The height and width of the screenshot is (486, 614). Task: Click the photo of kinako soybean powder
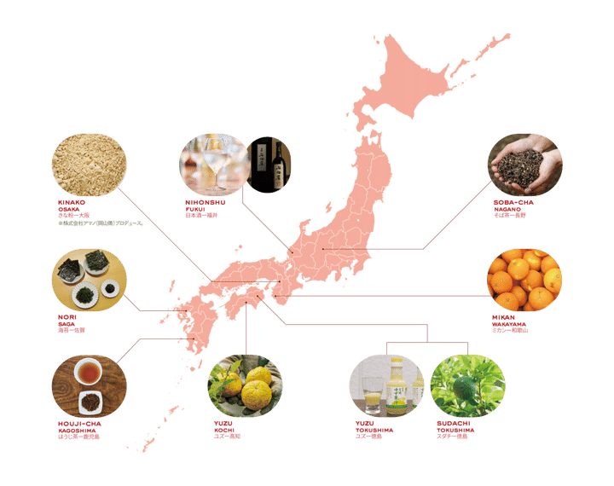point(89,165)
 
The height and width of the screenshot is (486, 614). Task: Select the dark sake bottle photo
point(271,163)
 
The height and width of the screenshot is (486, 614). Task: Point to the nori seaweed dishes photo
point(89,281)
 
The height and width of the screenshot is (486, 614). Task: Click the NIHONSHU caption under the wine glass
point(205,209)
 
